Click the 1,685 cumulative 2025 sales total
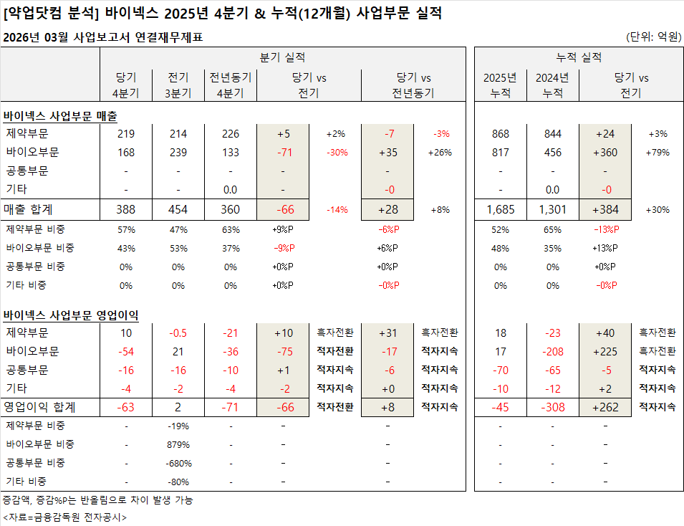click(x=500, y=209)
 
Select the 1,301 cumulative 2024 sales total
click(x=552, y=209)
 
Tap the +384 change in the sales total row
click(x=605, y=209)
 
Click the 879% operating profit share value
click(x=178, y=444)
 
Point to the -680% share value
click(x=178, y=463)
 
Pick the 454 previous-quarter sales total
click(x=178, y=209)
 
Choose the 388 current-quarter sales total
click(x=125, y=209)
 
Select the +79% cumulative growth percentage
click(x=658, y=153)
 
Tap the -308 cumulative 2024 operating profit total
click(x=552, y=408)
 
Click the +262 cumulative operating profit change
click(x=605, y=408)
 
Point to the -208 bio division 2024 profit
click(x=552, y=352)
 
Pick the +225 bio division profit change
click(x=605, y=352)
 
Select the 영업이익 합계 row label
click(x=39, y=408)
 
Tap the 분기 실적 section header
click(x=283, y=57)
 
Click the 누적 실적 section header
click(x=579, y=57)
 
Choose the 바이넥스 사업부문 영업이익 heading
click(x=71, y=315)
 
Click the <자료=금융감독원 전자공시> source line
click(x=64, y=517)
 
